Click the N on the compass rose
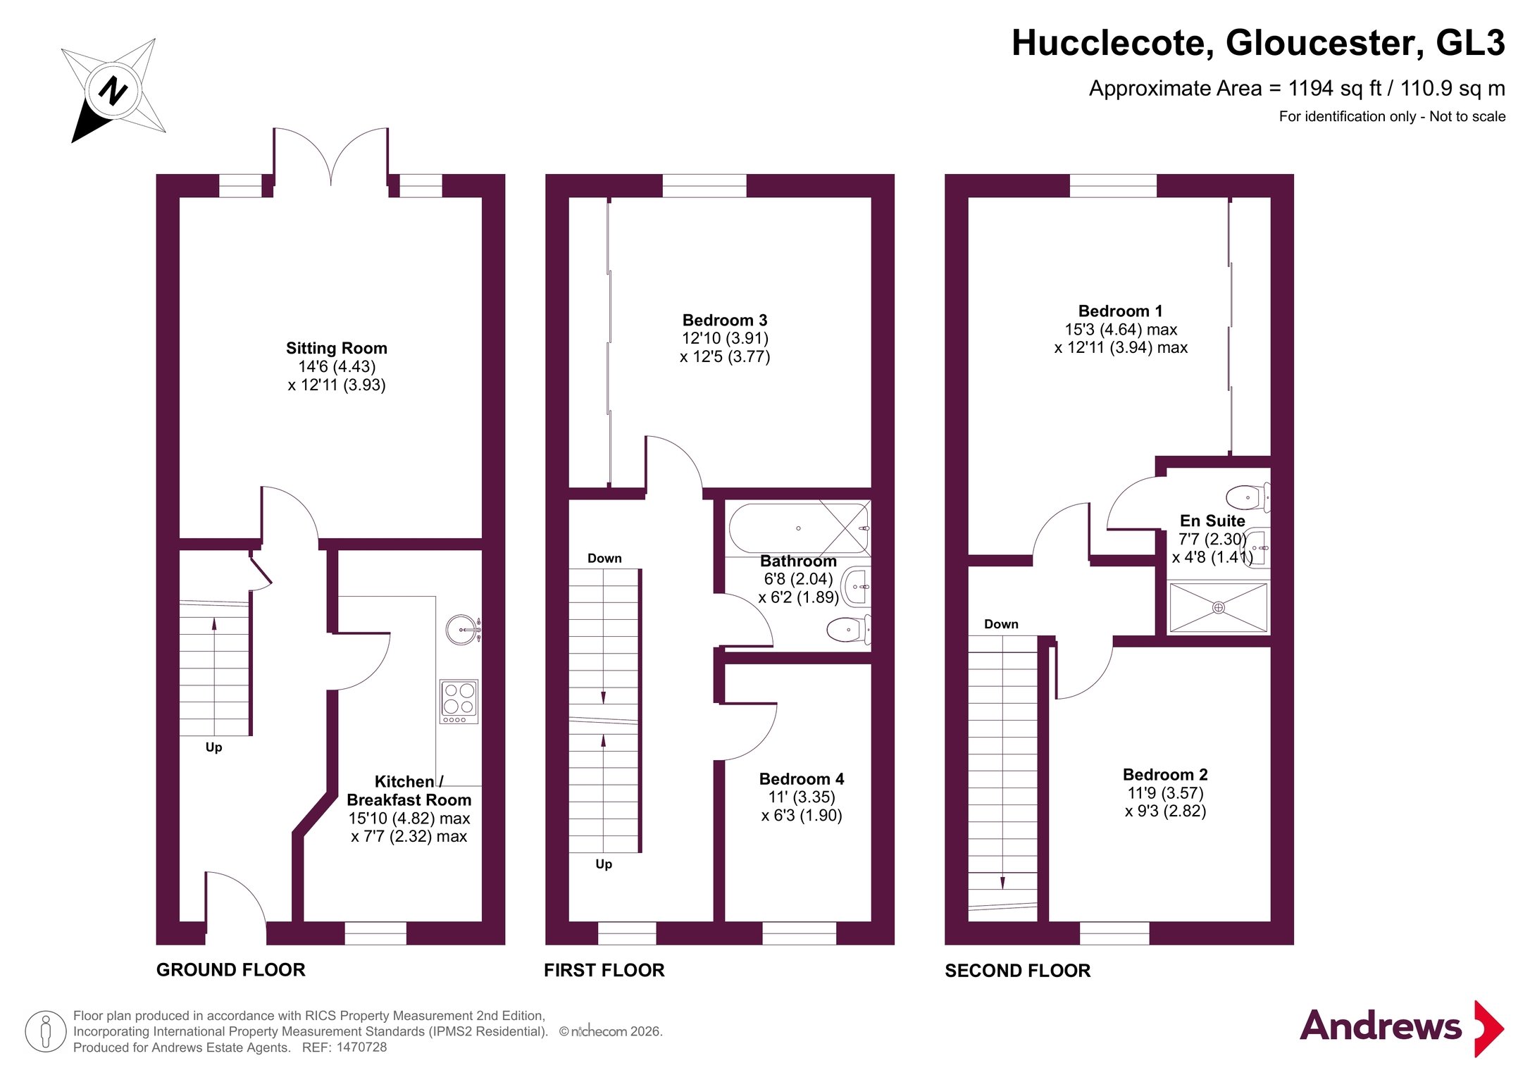point(113,91)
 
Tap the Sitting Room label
point(337,348)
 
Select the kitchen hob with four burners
point(459,701)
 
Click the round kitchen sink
point(461,629)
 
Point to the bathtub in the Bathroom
point(800,528)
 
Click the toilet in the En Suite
point(1248,497)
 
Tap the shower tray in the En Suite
point(1218,607)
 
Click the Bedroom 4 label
point(802,779)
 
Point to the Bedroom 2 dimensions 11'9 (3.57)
point(1165,793)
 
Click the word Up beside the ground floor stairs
point(213,747)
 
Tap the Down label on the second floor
point(1001,624)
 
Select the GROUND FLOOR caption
point(231,970)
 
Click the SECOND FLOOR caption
point(1017,971)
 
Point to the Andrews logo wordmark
point(1381,1026)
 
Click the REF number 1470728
point(361,1047)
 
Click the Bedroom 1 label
point(1120,311)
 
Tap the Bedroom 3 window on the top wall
point(704,186)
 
